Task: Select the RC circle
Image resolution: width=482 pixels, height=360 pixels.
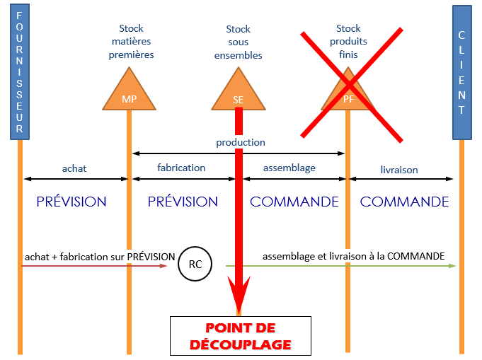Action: (195, 264)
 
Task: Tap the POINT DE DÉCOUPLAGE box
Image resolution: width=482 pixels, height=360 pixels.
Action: (239, 337)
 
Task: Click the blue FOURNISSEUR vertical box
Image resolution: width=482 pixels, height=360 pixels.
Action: (19, 71)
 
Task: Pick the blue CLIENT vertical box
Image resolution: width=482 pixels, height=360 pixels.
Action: (461, 71)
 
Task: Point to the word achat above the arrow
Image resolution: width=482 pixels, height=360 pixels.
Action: (74, 168)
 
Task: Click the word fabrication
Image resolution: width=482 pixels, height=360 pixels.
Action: (181, 168)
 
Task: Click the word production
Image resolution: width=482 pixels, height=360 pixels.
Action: (241, 142)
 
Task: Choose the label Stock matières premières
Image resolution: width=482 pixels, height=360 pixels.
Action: (131, 42)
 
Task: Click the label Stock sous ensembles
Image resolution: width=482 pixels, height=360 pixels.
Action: (239, 42)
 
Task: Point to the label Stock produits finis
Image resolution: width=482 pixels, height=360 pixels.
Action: (348, 42)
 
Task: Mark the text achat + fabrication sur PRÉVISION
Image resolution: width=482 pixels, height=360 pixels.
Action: (89, 256)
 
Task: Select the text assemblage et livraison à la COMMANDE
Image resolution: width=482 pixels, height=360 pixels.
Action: (353, 256)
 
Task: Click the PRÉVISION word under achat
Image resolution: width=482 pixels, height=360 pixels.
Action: (71, 202)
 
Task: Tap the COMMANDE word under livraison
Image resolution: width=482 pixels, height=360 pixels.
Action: (404, 202)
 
